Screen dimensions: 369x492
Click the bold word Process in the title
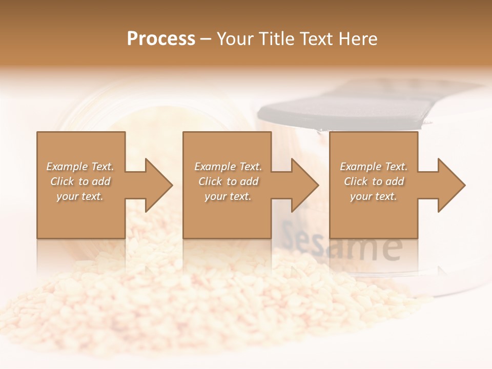(161, 39)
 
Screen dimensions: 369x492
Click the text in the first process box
(80, 181)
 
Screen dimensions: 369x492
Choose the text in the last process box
(374, 181)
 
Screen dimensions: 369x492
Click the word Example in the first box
(67, 167)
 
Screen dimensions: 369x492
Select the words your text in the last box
(374, 196)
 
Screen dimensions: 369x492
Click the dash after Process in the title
(206, 39)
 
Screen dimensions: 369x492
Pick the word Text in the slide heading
(315, 39)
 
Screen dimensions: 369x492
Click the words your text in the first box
(80, 196)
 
